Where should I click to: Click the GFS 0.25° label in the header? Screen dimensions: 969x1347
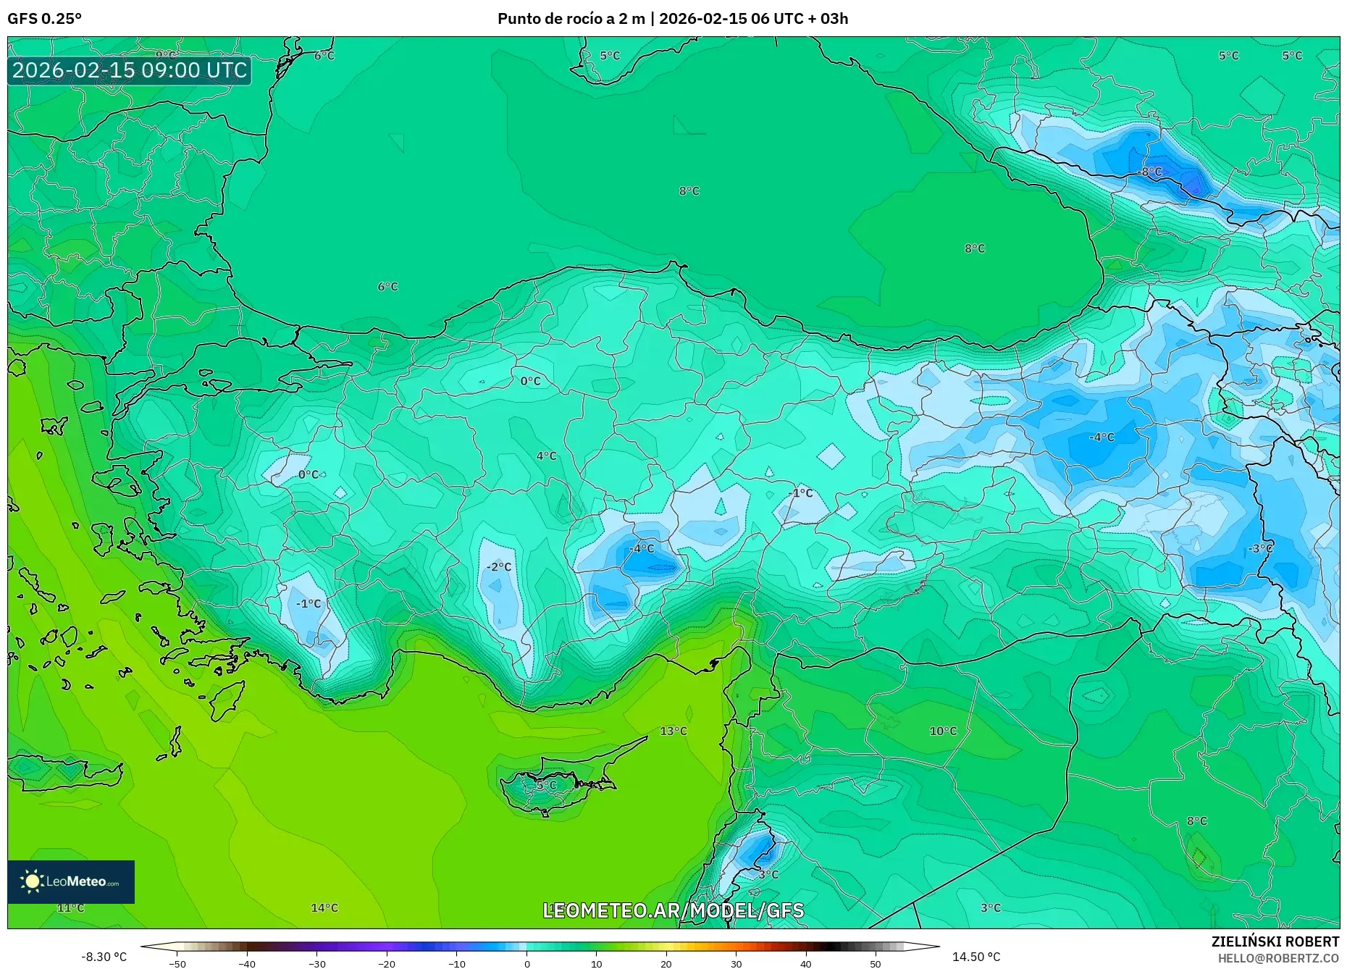pyautogui.click(x=44, y=19)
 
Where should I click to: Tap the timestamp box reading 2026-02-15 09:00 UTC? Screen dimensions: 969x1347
pyautogui.click(x=130, y=70)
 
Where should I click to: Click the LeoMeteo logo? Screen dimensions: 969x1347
pyautogui.click(x=71, y=881)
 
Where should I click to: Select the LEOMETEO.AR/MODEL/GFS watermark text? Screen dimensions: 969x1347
pyautogui.click(x=673, y=910)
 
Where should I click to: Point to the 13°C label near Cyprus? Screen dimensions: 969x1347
pyautogui.click(x=673, y=731)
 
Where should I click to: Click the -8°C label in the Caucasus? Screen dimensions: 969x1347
pyautogui.click(x=1149, y=172)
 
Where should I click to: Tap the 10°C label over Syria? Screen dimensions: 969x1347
pyautogui.click(x=943, y=731)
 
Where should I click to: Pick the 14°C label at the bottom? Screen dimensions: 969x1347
pyautogui.click(x=324, y=907)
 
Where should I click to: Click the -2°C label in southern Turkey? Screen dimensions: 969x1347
pyautogui.click(x=498, y=566)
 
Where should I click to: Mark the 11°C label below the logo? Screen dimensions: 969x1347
pyautogui.click(x=70, y=907)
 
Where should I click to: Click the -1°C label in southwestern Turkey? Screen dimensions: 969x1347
pyautogui.click(x=308, y=603)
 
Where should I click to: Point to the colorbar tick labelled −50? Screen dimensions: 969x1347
pyautogui.click(x=177, y=963)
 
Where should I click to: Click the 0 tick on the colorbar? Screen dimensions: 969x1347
pyautogui.click(x=526, y=963)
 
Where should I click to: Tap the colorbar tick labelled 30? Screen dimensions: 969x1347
pyautogui.click(x=736, y=963)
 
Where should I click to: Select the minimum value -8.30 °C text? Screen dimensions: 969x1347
pyautogui.click(x=104, y=957)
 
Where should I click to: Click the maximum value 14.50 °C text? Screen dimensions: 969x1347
pyautogui.click(x=975, y=957)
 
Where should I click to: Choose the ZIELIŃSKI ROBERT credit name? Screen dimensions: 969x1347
pyautogui.click(x=1275, y=941)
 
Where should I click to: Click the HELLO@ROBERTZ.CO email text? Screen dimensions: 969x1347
pyautogui.click(x=1278, y=958)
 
